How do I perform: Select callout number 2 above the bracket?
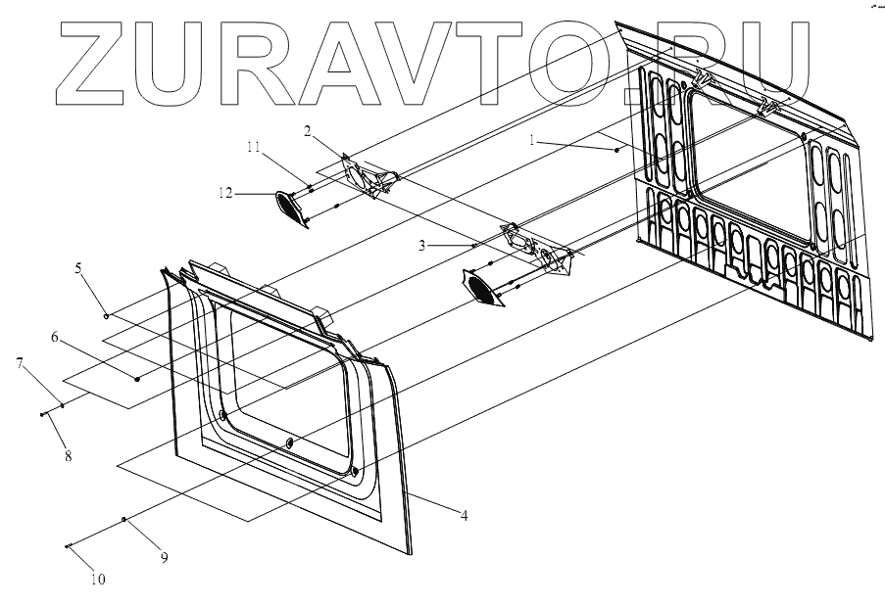(x=307, y=130)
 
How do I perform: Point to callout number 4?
(x=464, y=514)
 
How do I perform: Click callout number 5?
(x=78, y=265)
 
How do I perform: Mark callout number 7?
(x=19, y=363)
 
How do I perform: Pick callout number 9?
(x=164, y=557)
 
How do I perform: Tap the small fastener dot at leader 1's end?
(x=616, y=150)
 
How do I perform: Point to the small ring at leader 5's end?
(x=106, y=316)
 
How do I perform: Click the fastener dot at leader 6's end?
(x=137, y=378)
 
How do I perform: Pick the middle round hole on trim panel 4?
(x=289, y=444)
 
